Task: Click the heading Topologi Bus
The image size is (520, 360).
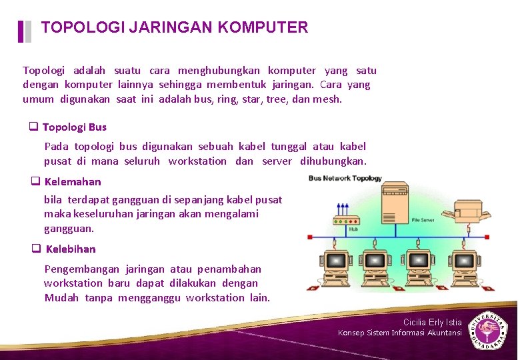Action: (x=74, y=127)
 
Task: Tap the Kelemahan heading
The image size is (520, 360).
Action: (x=73, y=181)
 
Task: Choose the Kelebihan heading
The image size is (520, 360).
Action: (x=71, y=249)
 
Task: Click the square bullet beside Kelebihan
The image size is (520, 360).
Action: (x=36, y=249)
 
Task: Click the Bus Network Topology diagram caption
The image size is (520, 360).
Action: (x=345, y=178)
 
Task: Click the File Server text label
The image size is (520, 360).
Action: (x=424, y=219)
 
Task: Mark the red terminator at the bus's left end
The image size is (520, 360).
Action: (x=309, y=237)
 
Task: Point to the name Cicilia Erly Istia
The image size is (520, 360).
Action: (x=432, y=322)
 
